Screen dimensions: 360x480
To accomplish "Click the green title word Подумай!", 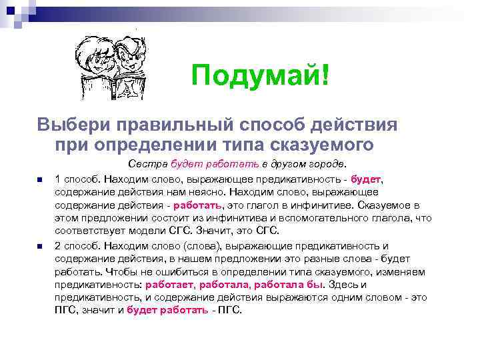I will (260, 77).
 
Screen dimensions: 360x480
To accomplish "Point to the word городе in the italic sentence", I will (326, 163).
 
